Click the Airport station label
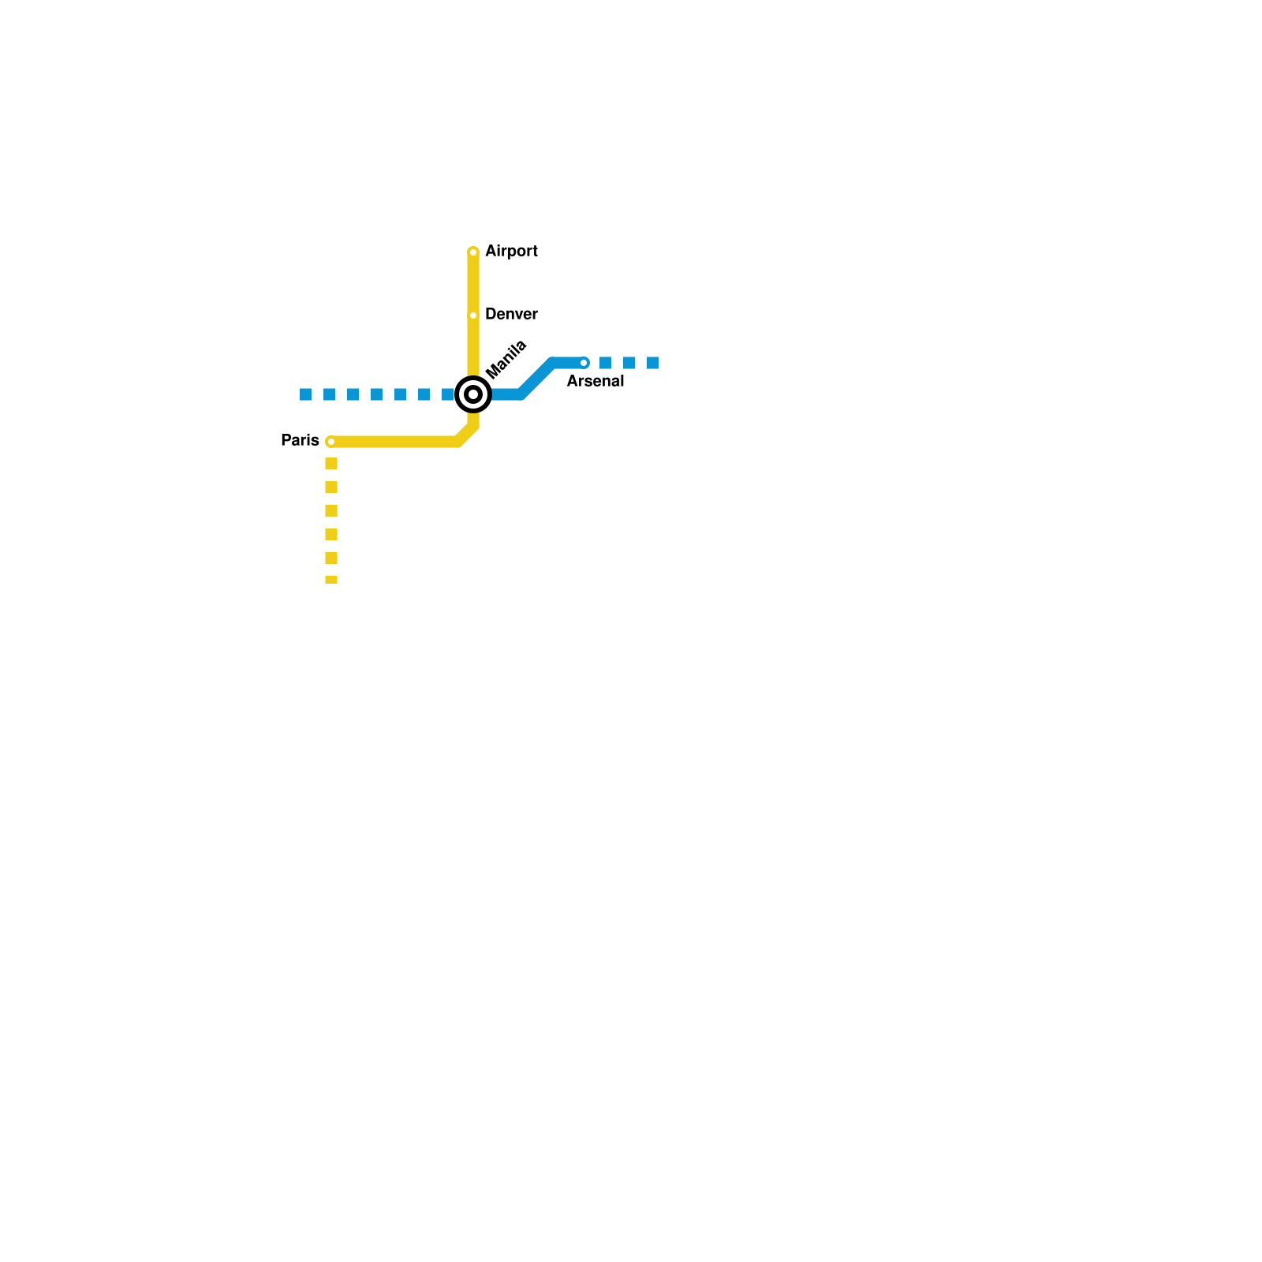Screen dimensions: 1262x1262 click(x=511, y=252)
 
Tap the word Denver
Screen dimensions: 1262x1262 click(x=511, y=315)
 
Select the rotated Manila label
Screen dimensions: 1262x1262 click(x=506, y=360)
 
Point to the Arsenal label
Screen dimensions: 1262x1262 click(x=596, y=382)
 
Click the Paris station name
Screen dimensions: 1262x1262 click(x=300, y=441)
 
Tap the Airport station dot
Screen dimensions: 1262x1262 click(x=473, y=252)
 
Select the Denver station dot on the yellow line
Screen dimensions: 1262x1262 click(x=473, y=315)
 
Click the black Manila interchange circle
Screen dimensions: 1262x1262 click(x=473, y=394)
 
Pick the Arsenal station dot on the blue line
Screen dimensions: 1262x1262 click(x=584, y=363)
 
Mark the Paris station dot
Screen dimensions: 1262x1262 click(x=331, y=442)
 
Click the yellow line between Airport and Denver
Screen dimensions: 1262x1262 click(x=473, y=284)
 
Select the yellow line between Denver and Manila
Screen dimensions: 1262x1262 click(x=473, y=347)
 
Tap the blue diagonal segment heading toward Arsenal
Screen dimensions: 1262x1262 click(x=537, y=379)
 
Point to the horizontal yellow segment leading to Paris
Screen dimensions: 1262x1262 click(x=394, y=442)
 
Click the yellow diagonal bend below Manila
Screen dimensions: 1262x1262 click(x=467, y=435)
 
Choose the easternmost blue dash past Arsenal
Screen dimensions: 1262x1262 click(x=652, y=363)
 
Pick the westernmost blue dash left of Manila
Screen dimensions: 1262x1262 click(x=306, y=394)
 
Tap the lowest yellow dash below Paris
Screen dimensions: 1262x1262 click(x=331, y=580)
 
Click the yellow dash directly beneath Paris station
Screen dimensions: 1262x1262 click(x=331, y=464)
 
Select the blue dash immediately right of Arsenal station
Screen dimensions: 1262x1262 click(x=605, y=363)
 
